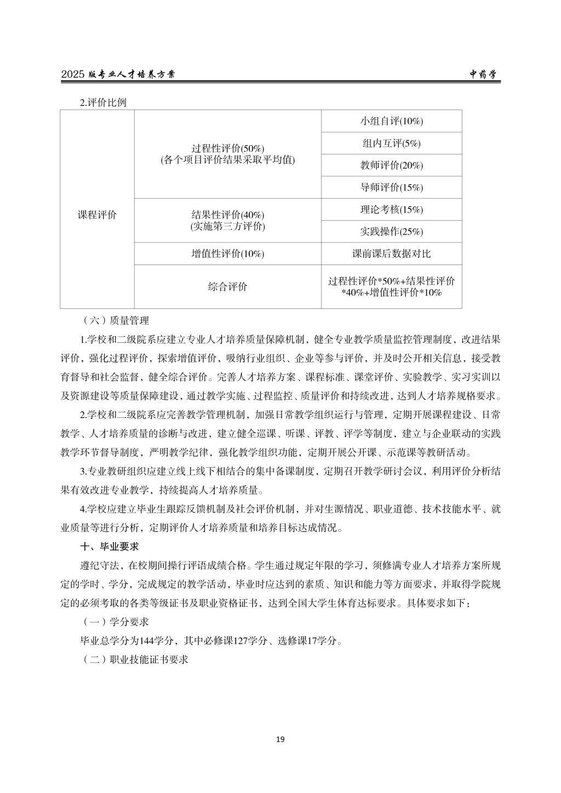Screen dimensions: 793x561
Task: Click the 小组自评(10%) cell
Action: [x=391, y=121]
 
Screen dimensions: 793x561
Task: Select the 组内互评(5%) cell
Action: [x=391, y=143]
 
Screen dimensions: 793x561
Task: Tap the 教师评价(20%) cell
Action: [x=391, y=165]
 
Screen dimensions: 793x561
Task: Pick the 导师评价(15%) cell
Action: [x=391, y=187]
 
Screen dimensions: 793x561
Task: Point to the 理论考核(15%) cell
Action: [x=391, y=209]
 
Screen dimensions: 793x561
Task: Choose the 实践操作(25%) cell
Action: [x=391, y=232]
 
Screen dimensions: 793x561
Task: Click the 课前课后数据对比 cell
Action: [x=391, y=254]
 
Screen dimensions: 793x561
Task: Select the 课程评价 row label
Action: [x=97, y=215]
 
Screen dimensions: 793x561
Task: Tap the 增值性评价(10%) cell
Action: [x=227, y=254]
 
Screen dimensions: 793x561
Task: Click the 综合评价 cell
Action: [x=227, y=286]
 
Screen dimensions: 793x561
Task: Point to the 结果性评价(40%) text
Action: [x=227, y=215]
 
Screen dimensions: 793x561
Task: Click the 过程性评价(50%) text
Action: [x=227, y=148]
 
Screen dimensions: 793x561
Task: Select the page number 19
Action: [x=280, y=739]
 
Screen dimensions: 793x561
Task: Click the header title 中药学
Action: [x=485, y=75]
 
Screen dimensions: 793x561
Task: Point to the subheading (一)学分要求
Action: [x=115, y=622]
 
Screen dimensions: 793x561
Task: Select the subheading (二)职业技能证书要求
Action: [x=135, y=659]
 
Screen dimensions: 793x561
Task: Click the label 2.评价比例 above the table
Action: [x=103, y=102]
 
